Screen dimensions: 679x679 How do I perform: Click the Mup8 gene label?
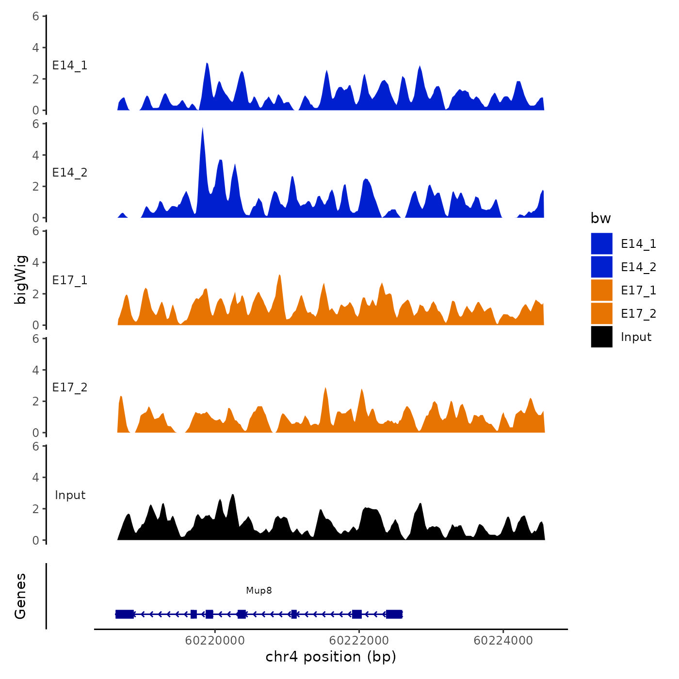click(259, 590)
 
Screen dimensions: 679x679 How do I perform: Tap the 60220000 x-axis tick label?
click(215, 641)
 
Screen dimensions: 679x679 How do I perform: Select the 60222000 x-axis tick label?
click(359, 641)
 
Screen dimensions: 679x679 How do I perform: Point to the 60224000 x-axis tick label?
click(503, 641)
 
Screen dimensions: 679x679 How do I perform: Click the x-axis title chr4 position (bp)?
click(331, 657)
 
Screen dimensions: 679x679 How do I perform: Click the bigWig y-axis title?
click(20, 279)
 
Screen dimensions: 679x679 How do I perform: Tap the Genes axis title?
click(20, 596)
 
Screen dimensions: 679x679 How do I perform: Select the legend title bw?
click(600, 218)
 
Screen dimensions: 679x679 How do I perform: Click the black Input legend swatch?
click(601, 337)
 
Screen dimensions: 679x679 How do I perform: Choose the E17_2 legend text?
click(638, 314)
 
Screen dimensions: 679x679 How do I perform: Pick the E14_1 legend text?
click(638, 244)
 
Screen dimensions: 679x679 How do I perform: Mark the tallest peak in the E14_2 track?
click(202, 129)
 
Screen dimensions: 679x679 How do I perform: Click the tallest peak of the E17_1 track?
click(279, 276)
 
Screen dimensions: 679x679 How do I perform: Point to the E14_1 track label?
click(70, 65)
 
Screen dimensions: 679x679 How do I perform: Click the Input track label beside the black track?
click(70, 495)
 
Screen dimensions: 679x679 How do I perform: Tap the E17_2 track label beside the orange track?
click(70, 388)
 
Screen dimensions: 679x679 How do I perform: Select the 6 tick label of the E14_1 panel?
click(36, 16)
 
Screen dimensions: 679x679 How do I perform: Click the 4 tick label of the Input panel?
click(36, 478)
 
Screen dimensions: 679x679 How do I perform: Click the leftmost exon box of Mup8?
click(125, 614)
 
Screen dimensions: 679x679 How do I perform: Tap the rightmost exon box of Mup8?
click(394, 614)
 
